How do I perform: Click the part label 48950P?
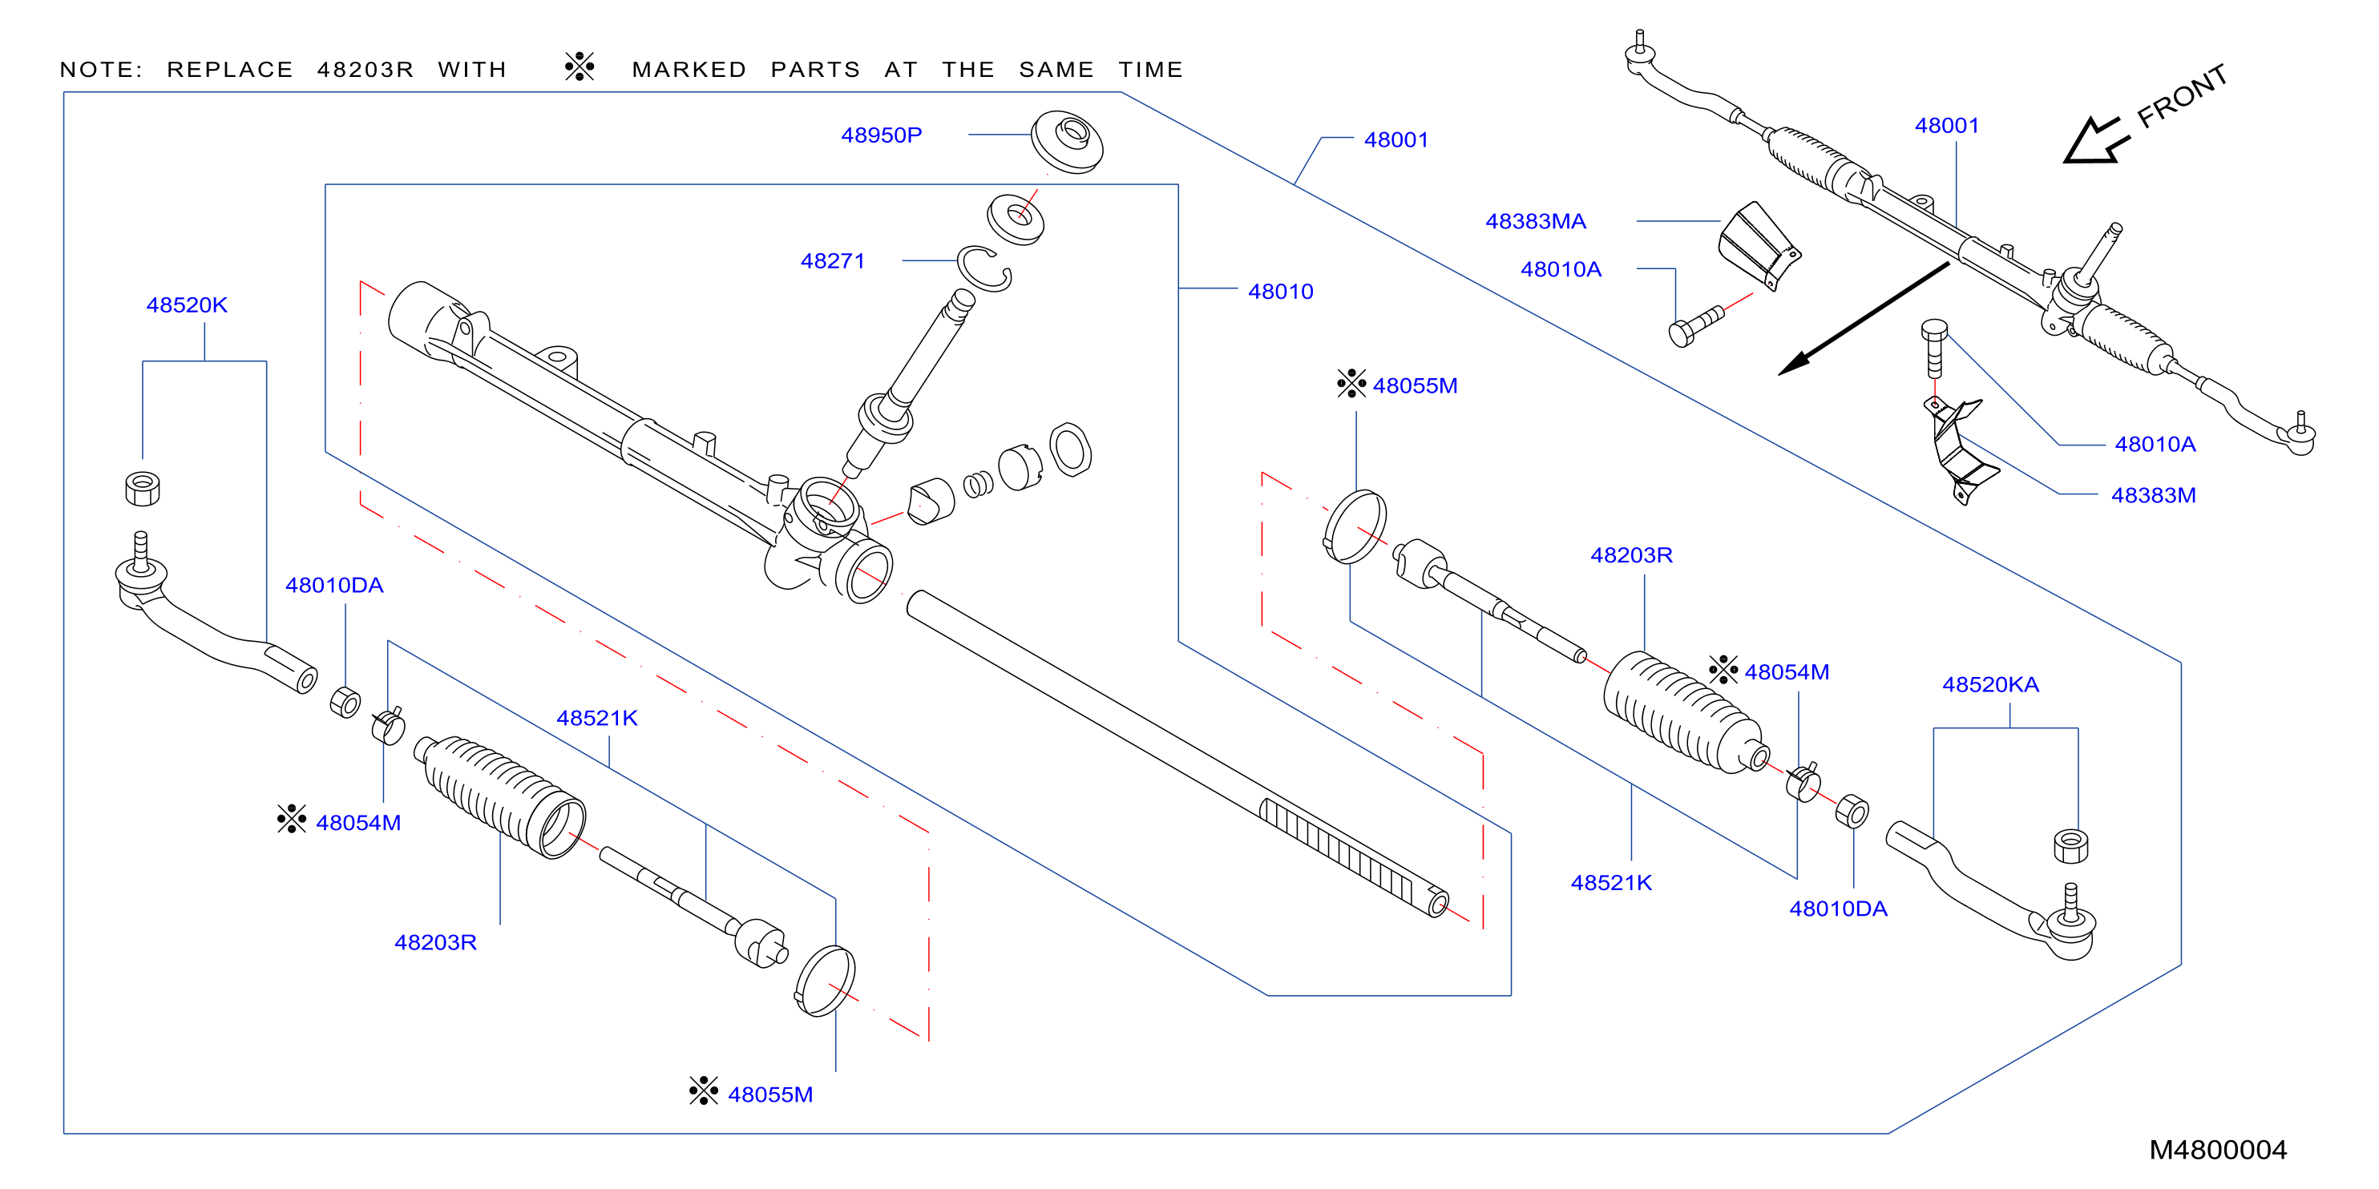coord(881,135)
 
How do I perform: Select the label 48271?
coord(832,261)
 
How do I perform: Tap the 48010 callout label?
coord(1280,292)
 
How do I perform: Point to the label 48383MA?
coord(1535,222)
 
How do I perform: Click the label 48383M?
coord(2153,496)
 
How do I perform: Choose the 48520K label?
coord(187,305)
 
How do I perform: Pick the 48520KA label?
coord(1990,685)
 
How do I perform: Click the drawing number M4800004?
coord(2217,1151)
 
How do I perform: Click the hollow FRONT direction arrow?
coord(2094,141)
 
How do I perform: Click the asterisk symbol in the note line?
coord(579,67)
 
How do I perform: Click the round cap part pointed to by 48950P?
coord(1067,141)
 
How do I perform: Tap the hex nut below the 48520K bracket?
coord(142,489)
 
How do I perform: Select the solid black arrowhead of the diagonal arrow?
coord(1794,364)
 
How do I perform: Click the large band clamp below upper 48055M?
coord(1354,526)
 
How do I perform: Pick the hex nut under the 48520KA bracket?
coord(2070,847)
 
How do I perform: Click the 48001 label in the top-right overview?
coord(1947,126)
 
